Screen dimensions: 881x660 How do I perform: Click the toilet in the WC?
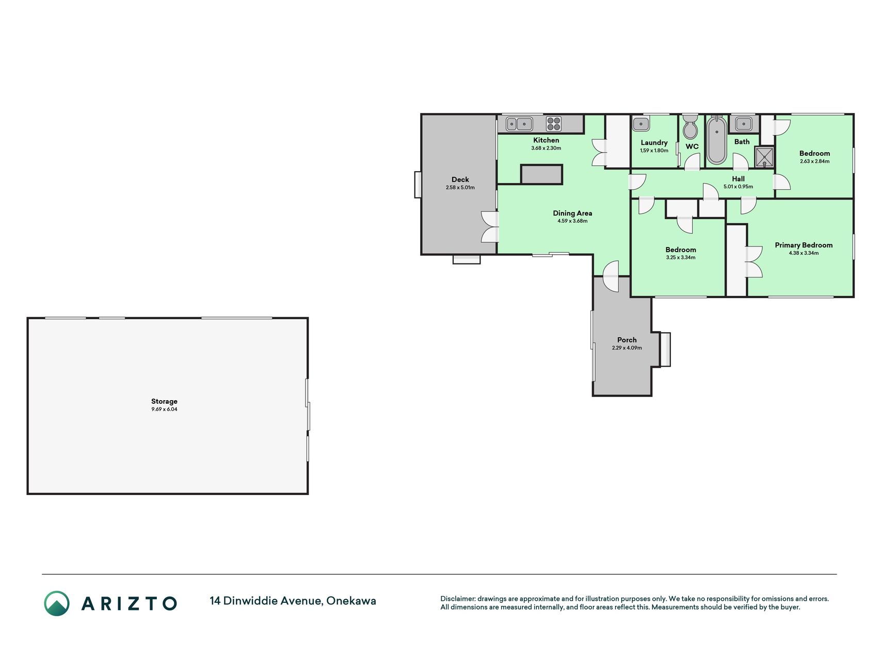[x=690, y=127]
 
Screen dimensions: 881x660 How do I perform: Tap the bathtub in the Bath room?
[x=716, y=140]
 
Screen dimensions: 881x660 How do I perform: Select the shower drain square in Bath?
[x=764, y=157]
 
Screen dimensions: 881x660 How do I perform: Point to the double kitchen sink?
[x=519, y=124]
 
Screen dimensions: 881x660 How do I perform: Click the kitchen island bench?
[x=541, y=174]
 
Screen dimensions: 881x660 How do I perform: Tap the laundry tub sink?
[x=641, y=124]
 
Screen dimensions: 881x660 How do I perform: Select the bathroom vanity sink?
[x=744, y=124]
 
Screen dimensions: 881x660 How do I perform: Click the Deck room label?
[x=460, y=179]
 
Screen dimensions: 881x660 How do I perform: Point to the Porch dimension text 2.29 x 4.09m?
[x=627, y=348]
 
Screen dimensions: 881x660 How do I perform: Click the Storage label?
[x=164, y=401]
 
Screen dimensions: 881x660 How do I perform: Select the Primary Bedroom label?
[x=804, y=245]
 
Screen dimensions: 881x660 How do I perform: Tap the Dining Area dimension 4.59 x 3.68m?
[x=572, y=221]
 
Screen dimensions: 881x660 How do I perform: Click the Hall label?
[x=738, y=179]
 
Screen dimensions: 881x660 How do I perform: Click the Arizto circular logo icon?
[x=57, y=603]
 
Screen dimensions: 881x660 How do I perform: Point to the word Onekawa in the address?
[x=351, y=601]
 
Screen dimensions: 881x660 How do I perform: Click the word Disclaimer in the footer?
[x=457, y=599]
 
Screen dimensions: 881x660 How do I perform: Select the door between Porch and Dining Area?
[x=611, y=276]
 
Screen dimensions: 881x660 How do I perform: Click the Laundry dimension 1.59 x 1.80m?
[x=654, y=151]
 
